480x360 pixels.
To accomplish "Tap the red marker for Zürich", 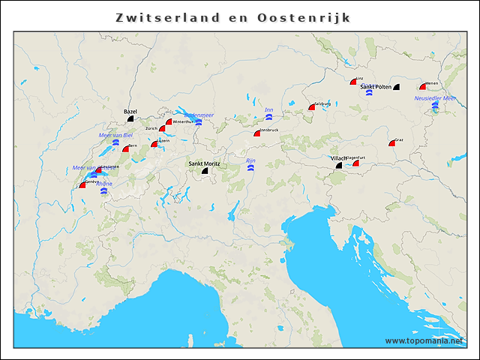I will pyautogui.click(x=162, y=129).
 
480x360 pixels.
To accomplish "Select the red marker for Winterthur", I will pyautogui.click(x=169, y=121).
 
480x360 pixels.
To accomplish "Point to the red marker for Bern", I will pyautogui.click(x=126, y=149).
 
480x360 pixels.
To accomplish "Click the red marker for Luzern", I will pyautogui.click(x=154, y=144).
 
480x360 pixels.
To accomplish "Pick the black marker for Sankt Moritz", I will pyautogui.click(x=204, y=171).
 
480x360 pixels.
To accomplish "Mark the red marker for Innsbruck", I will pyautogui.click(x=256, y=133).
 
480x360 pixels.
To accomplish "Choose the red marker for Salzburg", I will pyautogui.click(x=311, y=107).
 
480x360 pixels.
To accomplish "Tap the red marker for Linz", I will pyautogui.click(x=352, y=82).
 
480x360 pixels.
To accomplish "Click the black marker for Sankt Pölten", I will pyautogui.click(x=396, y=88).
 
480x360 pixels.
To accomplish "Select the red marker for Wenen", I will pyautogui.click(x=422, y=88).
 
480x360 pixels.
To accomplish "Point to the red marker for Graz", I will pyautogui.click(x=391, y=143).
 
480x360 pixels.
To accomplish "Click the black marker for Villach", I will pyautogui.click(x=338, y=166).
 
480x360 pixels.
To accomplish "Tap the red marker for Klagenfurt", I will pyautogui.click(x=356, y=163).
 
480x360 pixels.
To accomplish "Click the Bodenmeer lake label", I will pyautogui.click(x=199, y=115).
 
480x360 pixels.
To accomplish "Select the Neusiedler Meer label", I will pyautogui.click(x=435, y=98).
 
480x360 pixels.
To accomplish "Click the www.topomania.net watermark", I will pyautogui.click(x=424, y=340).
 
